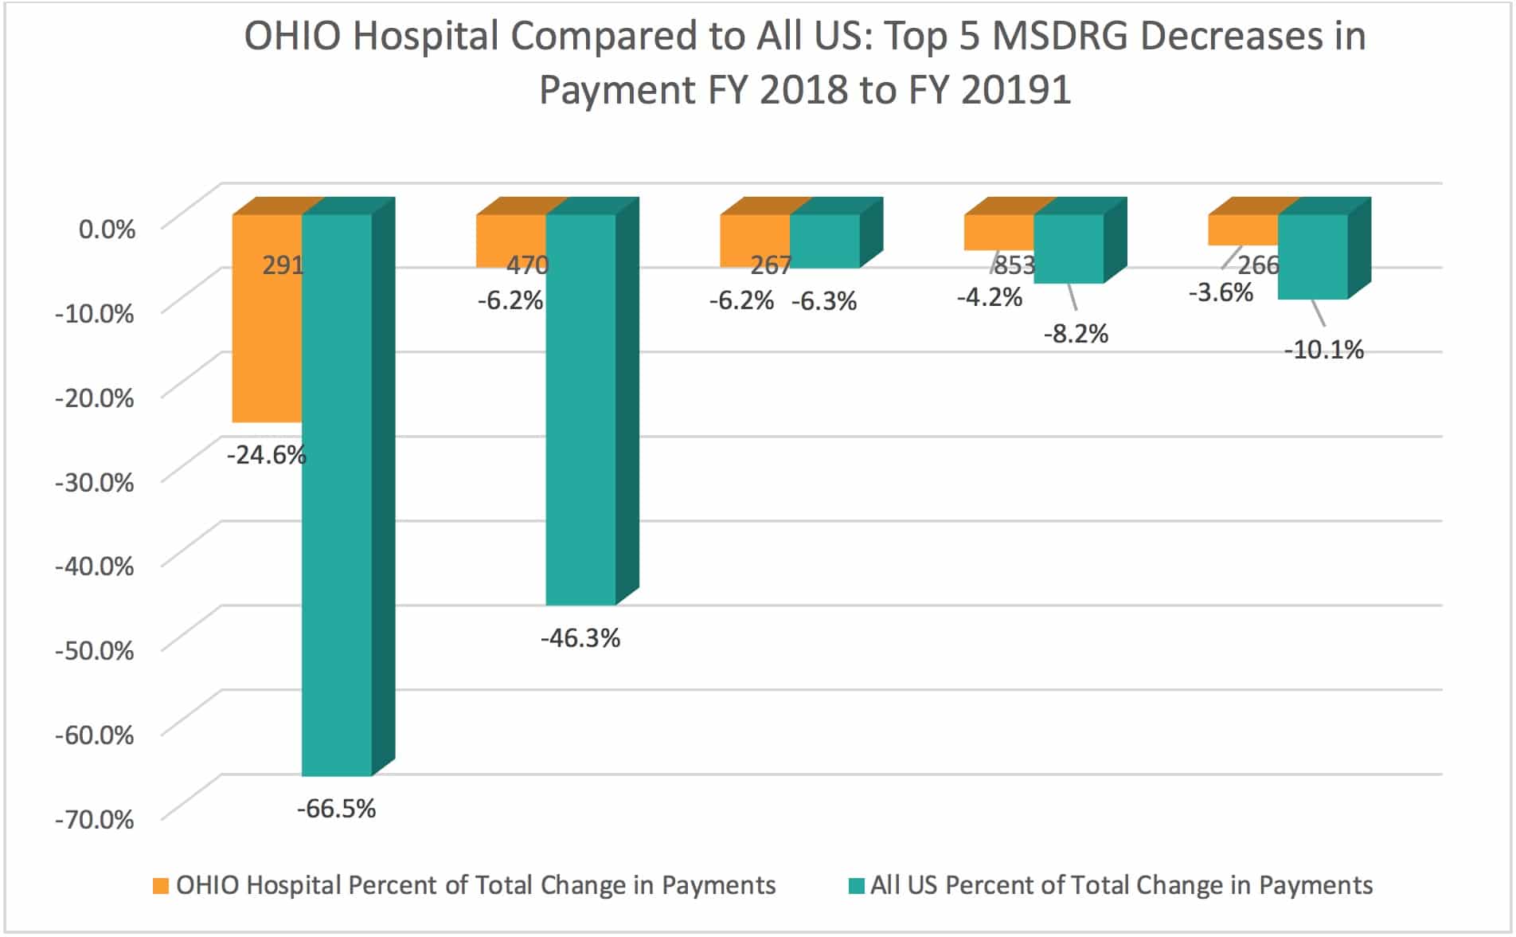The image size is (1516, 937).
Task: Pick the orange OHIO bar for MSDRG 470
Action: (x=510, y=239)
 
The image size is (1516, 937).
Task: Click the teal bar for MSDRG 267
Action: (x=825, y=241)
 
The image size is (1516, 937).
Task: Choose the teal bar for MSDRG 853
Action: (x=1069, y=249)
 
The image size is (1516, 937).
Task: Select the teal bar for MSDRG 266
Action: (x=1313, y=257)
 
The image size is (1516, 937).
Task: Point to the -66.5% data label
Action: (x=336, y=809)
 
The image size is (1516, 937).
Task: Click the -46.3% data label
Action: (x=580, y=638)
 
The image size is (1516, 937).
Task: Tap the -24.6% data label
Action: (x=266, y=455)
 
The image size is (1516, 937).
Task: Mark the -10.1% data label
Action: (x=1323, y=350)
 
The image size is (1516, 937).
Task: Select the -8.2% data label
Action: (x=1076, y=334)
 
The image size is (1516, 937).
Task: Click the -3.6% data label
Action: (x=1221, y=292)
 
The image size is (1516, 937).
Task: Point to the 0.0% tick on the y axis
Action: (x=107, y=229)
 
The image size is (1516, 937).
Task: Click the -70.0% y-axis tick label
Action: (x=95, y=819)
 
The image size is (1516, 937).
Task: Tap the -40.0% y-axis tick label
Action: (x=95, y=567)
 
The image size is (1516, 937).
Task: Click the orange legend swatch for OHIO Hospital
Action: (x=161, y=886)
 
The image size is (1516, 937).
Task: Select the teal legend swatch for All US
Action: (x=856, y=886)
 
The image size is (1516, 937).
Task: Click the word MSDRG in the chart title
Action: (x=1061, y=37)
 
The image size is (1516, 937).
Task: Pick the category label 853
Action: (x=1014, y=265)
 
